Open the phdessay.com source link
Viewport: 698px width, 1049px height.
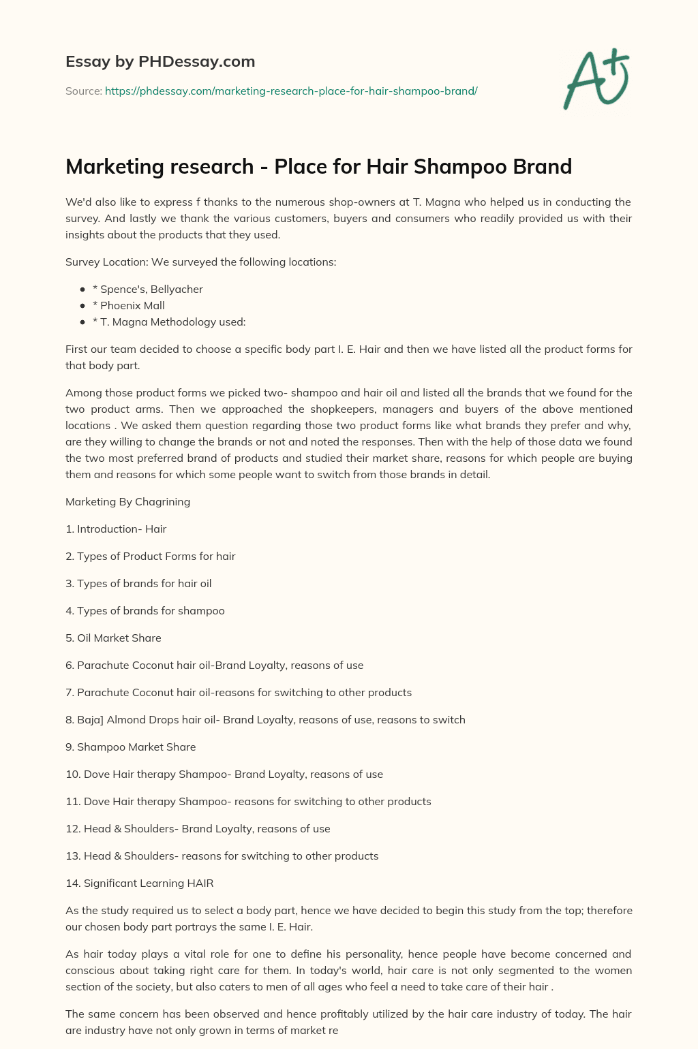pyautogui.click(x=291, y=91)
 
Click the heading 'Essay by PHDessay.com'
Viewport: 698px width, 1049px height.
pyautogui.click(x=160, y=62)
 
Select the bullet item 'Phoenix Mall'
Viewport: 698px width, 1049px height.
pyautogui.click(x=132, y=305)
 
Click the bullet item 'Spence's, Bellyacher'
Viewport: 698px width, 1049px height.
pyautogui.click(x=151, y=289)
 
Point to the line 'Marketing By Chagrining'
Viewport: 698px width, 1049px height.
pyautogui.click(x=127, y=501)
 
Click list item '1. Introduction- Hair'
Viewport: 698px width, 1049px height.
pyautogui.click(x=116, y=529)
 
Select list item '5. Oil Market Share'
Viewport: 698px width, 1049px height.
pyautogui.click(x=113, y=638)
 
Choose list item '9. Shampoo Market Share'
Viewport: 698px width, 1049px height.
pyautogui.click(x=130, y=747)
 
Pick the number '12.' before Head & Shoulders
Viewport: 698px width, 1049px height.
pyautogui.click(x=73, y=828)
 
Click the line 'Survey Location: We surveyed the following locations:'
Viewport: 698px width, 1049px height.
pyautogui.click(x=200, y=262)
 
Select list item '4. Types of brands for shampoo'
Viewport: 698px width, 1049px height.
pyautogui.click(x=145, y=610)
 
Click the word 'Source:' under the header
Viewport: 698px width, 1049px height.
pyautogui.click(x=84, y=91)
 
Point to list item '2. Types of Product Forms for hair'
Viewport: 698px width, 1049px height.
pyautogui.click(x=150, y=556)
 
